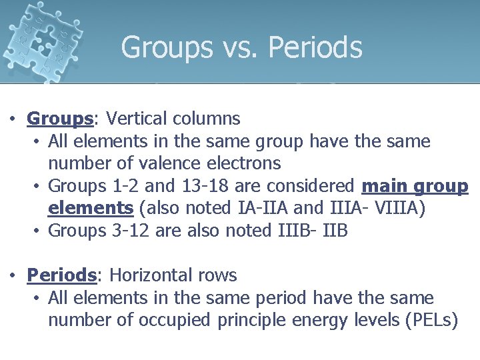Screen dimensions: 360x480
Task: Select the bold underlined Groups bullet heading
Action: pos(59,119)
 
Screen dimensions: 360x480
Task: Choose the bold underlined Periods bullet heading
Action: pos(61,275)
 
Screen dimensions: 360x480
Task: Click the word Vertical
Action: pos(137,119)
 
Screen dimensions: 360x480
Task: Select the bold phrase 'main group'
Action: pos(415,186)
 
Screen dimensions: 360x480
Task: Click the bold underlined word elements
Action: pos(91,209)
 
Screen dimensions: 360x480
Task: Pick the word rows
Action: pos(215,275)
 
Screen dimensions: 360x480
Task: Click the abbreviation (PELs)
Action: pos(431,321)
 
